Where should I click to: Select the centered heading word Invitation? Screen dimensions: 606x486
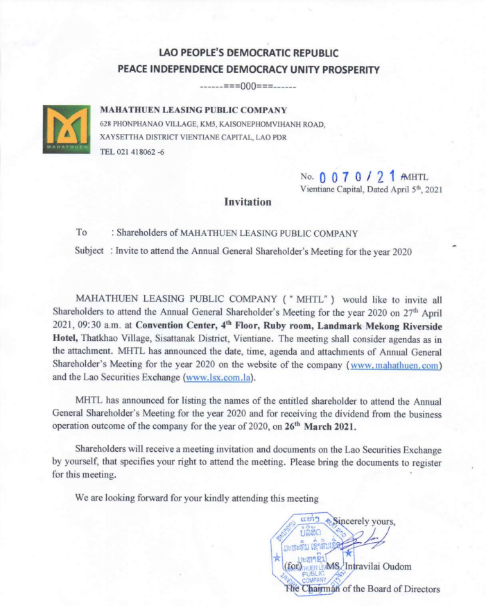tap(248, 201)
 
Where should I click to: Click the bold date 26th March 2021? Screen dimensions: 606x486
tap(337, 426)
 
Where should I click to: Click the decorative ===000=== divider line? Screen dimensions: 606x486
tap(248, 87)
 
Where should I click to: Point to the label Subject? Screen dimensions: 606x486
tap(89, 251)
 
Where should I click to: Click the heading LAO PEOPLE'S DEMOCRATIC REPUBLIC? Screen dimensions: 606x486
tap(248, 53)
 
